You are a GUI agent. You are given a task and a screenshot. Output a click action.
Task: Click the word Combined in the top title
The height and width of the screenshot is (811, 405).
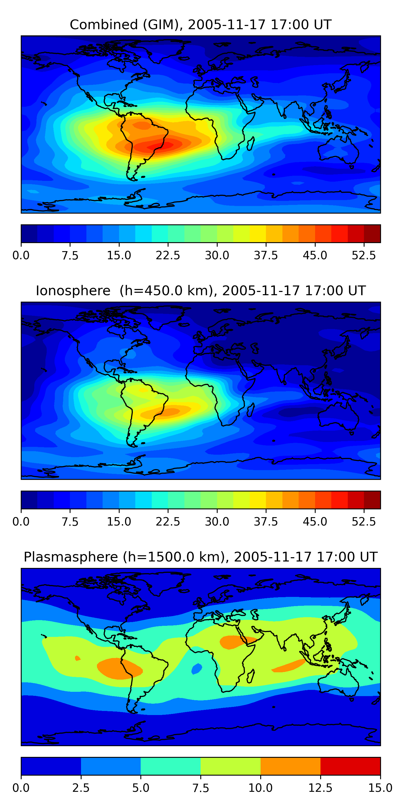pos(104,25)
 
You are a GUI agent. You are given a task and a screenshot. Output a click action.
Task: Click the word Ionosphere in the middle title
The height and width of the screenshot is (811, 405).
pos(73,291)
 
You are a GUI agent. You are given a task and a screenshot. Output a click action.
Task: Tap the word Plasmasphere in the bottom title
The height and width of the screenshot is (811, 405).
pos(71,557)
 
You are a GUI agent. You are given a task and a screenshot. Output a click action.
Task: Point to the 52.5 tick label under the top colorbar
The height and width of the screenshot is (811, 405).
pos(363,255)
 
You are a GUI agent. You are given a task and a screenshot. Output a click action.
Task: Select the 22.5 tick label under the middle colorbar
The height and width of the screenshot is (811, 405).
pos(168,522)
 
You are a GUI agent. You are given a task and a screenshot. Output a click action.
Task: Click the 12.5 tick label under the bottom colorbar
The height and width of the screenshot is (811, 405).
pos(320,788)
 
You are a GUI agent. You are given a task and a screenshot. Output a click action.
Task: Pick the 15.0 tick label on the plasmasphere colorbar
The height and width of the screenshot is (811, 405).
pos(380,788)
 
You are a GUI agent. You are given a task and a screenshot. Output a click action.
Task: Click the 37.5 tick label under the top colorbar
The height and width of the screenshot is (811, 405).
pos(266,255)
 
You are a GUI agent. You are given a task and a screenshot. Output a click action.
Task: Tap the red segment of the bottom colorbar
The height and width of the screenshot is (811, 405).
pos(350,766)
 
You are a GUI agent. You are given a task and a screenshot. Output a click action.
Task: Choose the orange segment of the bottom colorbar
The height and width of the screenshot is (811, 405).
pos(290,766)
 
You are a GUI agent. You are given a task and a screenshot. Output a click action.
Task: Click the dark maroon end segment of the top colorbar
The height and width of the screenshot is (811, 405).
pos(372,234)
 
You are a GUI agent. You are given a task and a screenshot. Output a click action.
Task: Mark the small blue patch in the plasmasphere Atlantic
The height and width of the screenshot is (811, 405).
pos(197,669)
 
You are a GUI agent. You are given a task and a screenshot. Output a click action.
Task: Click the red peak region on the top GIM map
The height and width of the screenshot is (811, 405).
pos(157,145)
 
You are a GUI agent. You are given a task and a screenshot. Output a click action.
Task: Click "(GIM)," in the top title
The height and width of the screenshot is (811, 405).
pos(163,25)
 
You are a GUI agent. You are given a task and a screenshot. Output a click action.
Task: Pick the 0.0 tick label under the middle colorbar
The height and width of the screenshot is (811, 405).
pos(21,522)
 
